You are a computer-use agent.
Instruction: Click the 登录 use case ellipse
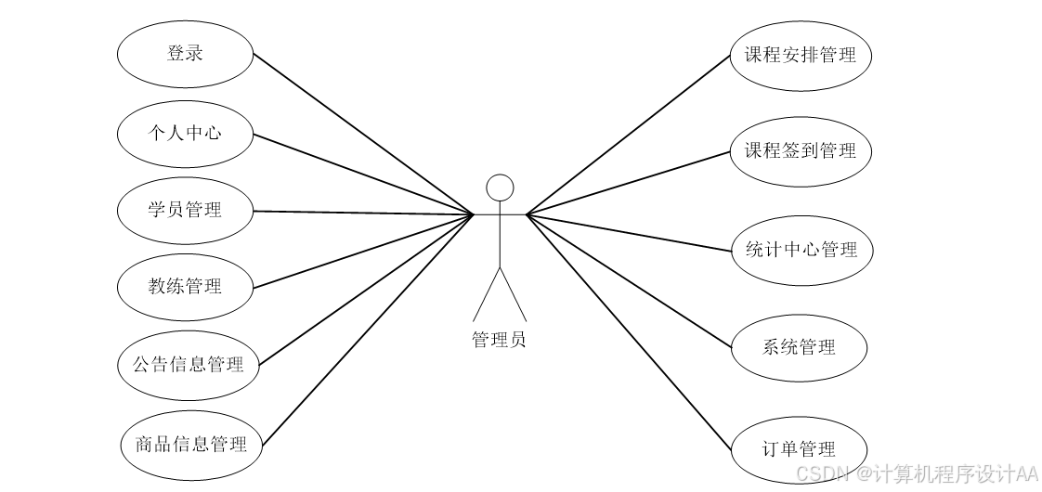(x=185, y=54)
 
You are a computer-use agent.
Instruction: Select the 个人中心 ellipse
(x=185, y=133)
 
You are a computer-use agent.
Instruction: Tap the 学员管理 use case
(x=185, y=210)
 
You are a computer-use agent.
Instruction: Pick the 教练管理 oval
(x=185, y=286)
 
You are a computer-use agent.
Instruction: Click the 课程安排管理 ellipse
(x=801, y=55)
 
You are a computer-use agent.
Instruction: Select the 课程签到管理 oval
(x=801, y=150)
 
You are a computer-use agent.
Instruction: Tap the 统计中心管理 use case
(x=801, y=250)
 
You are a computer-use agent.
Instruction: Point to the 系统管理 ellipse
(x=799, y=348)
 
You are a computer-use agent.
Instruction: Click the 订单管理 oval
(x=798, y=450)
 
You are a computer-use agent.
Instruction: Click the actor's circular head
(x=501, y=188)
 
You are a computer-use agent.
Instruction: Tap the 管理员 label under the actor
(x=500, y=340)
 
